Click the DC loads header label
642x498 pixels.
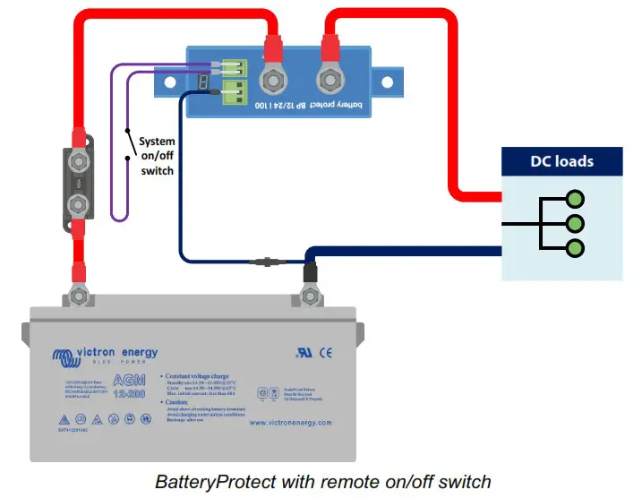point(561,162)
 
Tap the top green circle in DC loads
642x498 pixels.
point(575,198)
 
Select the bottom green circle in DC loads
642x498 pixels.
point(575,248)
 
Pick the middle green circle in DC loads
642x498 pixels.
point(575,223)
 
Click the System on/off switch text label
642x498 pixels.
point(157,156)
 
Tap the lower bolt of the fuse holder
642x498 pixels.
point(79,204)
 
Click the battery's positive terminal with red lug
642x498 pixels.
point(79,294)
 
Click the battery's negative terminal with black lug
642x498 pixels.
point(310,294)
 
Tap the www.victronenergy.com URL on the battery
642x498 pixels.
point(290,423)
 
